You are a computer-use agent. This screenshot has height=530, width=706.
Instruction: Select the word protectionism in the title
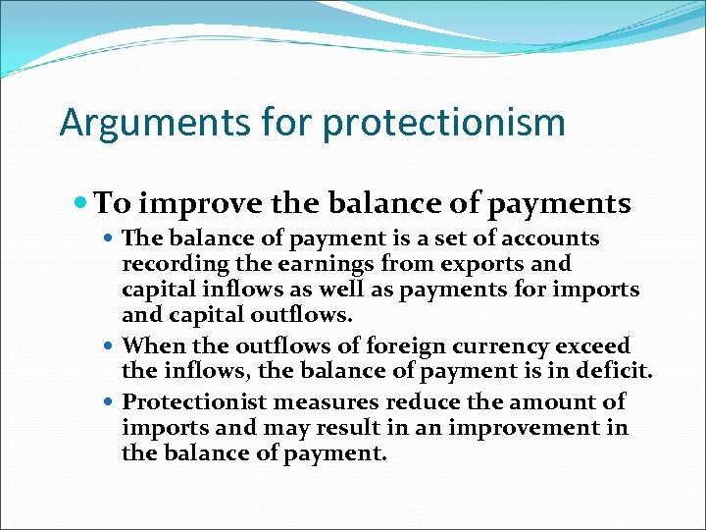443,124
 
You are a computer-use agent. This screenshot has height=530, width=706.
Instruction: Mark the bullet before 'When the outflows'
112,346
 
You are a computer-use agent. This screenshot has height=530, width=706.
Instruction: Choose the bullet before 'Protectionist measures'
112,401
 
